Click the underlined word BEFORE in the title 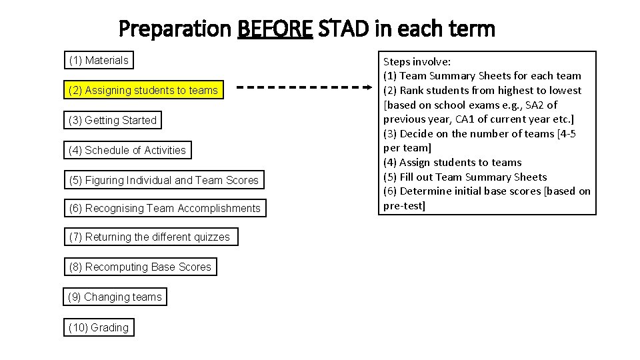pyautogui.click(x=275, y=29)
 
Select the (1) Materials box pyautogui.click(x=99, y=61)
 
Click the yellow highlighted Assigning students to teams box pyautogui.click(x=143, y=90)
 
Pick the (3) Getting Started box pyautogui.click(x=113, y=121)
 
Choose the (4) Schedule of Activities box pyautogui.click(x=127, y=151)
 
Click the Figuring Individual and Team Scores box pyautogui.click(x=163, y=180)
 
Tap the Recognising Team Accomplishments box pyautogui.click(x=165, y=209)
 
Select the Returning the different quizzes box pyautogui.click(x=150, y=237)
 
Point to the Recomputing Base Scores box pyautogui.click(x=140, y=267)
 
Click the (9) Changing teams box pyautogui.click(x=115, y=297)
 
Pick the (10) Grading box pyautogui.click(x=99, y=327)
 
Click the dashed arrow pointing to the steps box pyautogui.click(x=304, y=87)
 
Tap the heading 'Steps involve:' pyautogui.click(x=417, y=61)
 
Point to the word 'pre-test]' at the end pyautogui.click(x=404, y=206)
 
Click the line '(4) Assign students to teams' pyautogui.click(x=452, y=163)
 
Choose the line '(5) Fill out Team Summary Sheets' pyautogui.click(x=465, y=177)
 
